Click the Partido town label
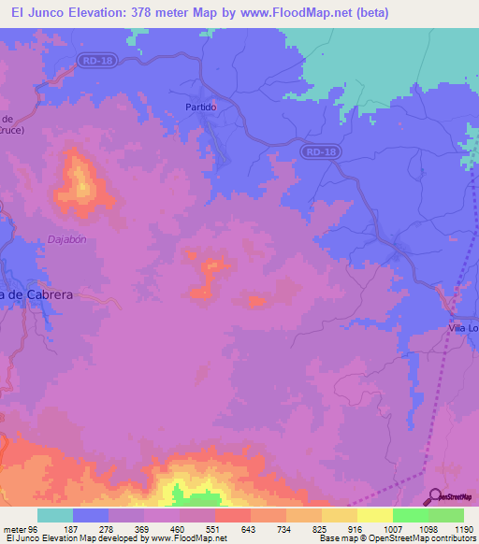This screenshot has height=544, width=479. click(201, 107)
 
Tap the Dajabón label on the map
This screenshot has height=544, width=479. click(66, 239)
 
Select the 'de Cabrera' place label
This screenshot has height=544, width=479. click(37, 294)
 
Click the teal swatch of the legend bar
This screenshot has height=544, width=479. click(55, 515)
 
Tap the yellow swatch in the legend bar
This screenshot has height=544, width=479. click(375, 515)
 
